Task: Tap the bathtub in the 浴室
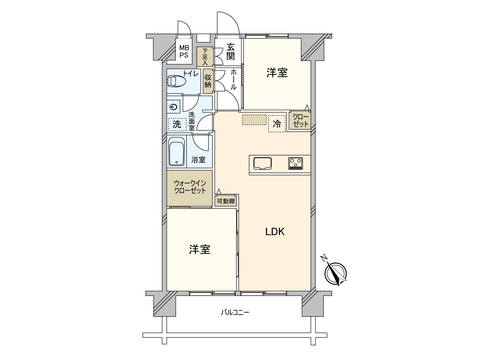(x=176, y=151)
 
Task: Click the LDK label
(x=275, y=232)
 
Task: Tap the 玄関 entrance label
(x=230, y=52)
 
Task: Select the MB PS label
(x=184, y=52)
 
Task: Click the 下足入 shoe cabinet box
(x=205, y=57)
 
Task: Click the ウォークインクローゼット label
(x=190, y=187)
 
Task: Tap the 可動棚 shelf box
(x=226, y=201)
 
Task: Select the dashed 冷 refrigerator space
(x=277, y=124)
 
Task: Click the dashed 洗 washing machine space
(x=177, y=124)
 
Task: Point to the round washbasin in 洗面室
(x=173, y=106)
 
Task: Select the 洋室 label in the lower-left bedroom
(x=199, y=249)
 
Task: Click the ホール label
(x=233, y=79)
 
